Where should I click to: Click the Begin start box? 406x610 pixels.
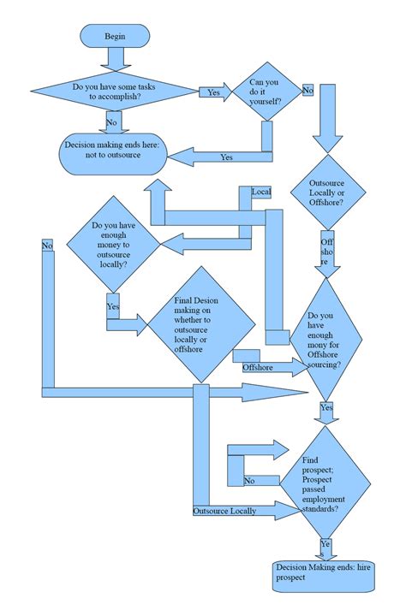pos(115,36)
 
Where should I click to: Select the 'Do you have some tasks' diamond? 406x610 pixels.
pos(115,92)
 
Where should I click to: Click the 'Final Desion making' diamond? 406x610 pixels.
pos(202,325)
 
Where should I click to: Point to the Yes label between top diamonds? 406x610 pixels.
pos(214,92)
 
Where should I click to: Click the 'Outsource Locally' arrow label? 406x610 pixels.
pos(224,511)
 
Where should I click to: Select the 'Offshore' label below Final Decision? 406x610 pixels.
pos(258,367)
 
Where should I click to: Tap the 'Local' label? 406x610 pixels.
pos(261,192)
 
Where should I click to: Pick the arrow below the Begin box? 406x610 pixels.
pos(115,59)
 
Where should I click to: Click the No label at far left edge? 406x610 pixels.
pos(47,246)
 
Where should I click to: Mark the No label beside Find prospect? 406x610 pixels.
pos(249,481)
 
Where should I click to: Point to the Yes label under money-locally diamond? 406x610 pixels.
pos(113,305)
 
